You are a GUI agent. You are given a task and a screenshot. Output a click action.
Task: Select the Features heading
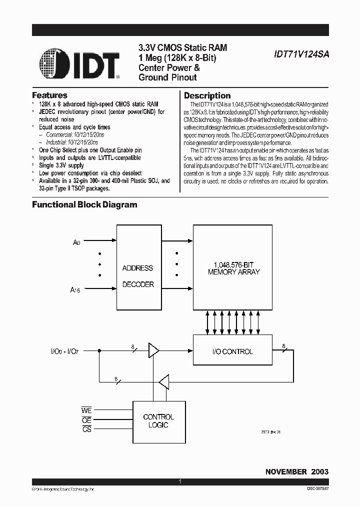coord(49,95)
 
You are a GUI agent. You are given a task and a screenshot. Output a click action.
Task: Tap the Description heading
coord(207,95)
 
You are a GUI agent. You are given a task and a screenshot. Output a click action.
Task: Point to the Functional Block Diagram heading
coord(84,204)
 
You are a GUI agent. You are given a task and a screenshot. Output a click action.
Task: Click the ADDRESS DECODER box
coord(137,276)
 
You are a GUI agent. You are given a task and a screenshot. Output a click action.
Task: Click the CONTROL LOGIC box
coord(158,421)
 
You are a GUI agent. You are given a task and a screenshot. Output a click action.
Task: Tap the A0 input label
coord(76,242)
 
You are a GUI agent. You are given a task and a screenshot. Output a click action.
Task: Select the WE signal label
coord(86,410)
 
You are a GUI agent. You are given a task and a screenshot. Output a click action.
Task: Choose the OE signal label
coord(86,420)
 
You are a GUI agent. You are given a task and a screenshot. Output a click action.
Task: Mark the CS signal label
coord(86,429)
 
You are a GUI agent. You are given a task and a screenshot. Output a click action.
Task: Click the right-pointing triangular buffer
coord(152,351)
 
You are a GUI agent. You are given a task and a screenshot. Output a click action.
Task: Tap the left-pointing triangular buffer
coord(163,383)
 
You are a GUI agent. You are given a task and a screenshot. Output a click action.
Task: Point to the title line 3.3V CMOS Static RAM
coord(182,48)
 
